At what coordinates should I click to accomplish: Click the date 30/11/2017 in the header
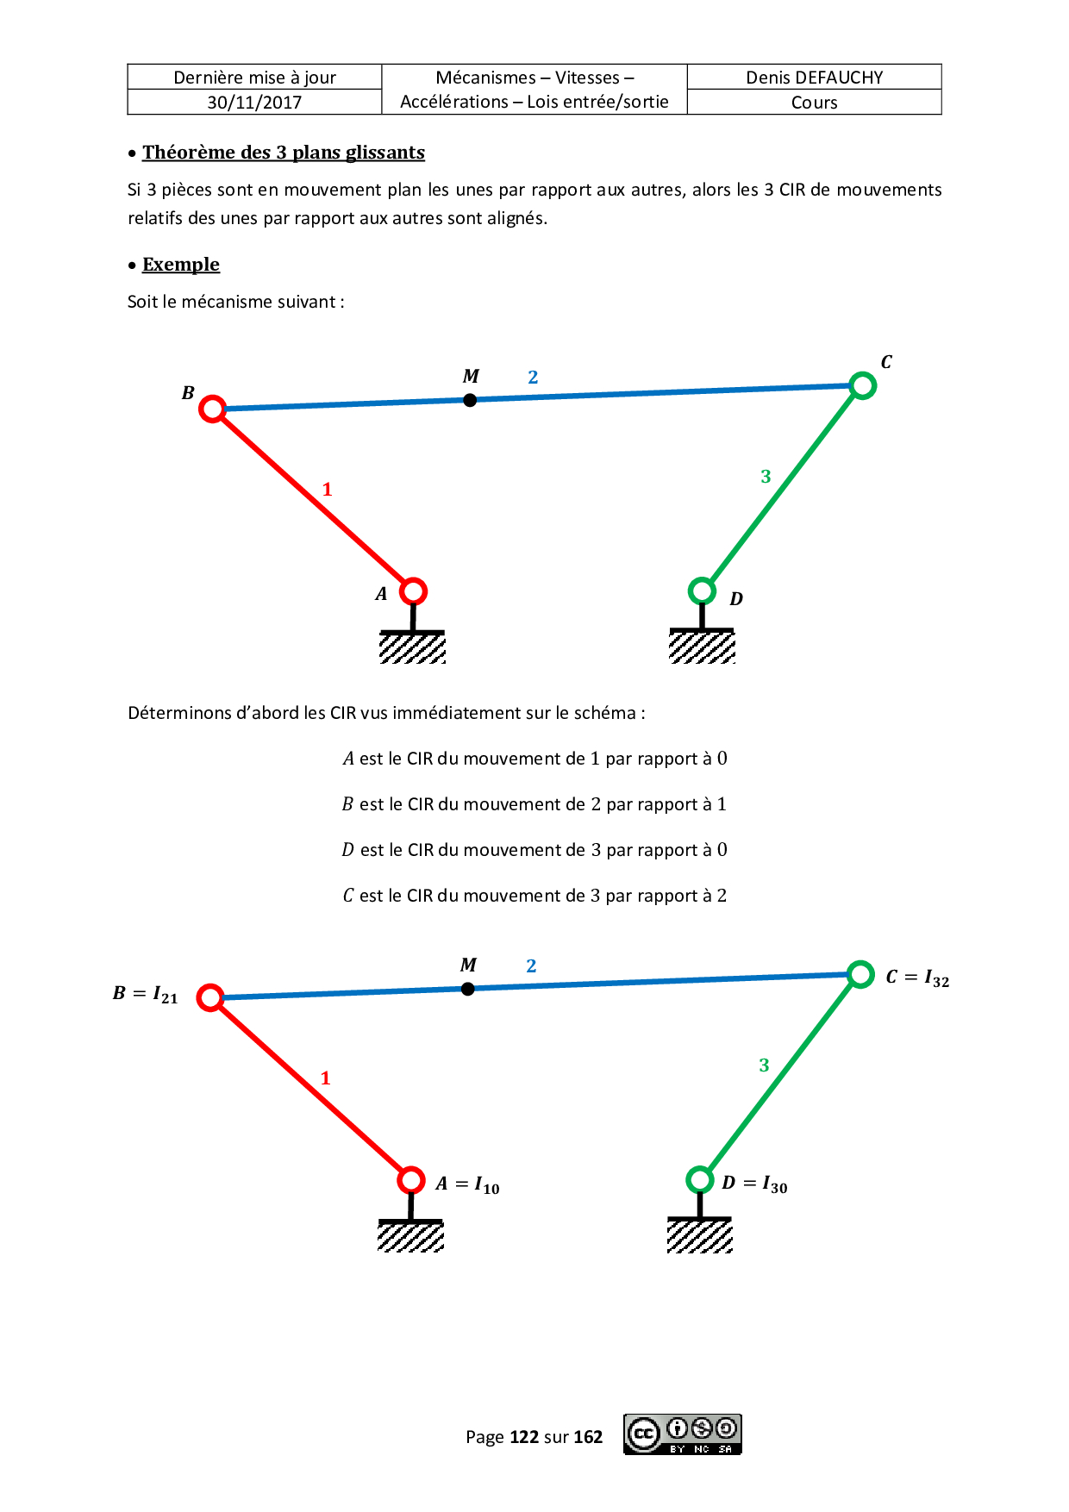coord(254,103)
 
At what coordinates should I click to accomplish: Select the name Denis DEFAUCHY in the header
coord(814,78)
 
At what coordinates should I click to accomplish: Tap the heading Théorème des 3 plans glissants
coord(283,153)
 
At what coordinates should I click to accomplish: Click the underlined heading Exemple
coord(181,265)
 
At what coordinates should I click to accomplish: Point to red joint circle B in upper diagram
coord(212,409)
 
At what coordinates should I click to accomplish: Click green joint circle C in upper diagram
coord(862,385)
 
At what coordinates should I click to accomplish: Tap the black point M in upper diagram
coord(470,400)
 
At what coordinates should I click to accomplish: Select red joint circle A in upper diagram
coord(414,591)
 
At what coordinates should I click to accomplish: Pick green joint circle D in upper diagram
coord(703,590)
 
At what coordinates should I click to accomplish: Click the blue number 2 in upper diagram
coord(533,378)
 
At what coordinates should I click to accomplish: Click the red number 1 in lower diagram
coord(325,1078)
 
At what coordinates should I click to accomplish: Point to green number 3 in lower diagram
coord(764,1065)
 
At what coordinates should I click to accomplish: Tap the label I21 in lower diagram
coord(165,995)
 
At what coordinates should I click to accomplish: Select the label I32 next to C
coord(936,978)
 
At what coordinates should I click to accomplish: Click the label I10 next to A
coord(487,1185)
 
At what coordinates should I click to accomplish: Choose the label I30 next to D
coord(774,1185)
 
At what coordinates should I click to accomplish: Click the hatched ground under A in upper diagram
coord(413,647)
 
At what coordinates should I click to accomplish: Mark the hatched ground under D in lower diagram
coord(700,1236)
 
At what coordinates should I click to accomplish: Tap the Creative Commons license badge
coord(682,1434)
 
